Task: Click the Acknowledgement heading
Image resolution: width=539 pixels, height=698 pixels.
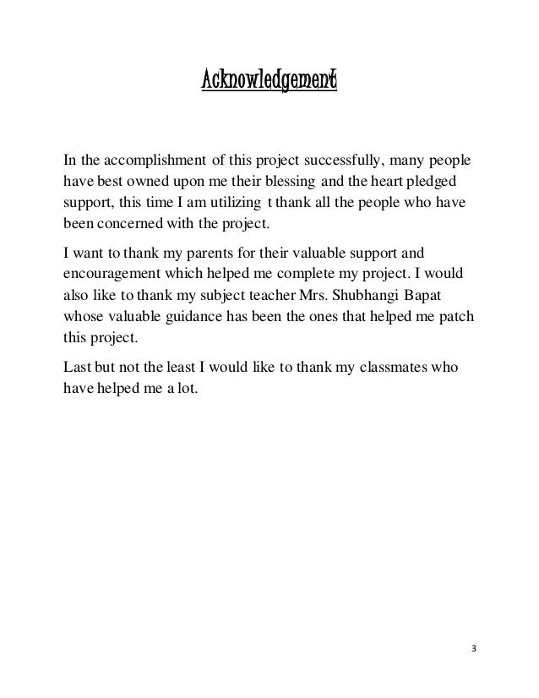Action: click(269, 82)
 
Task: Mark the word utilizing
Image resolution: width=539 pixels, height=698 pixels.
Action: click(231, 204)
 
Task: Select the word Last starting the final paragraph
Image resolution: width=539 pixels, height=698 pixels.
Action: click(78, 368)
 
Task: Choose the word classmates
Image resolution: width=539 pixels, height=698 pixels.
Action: click(402, 368)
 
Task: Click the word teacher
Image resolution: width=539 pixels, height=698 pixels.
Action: click(264, 297)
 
